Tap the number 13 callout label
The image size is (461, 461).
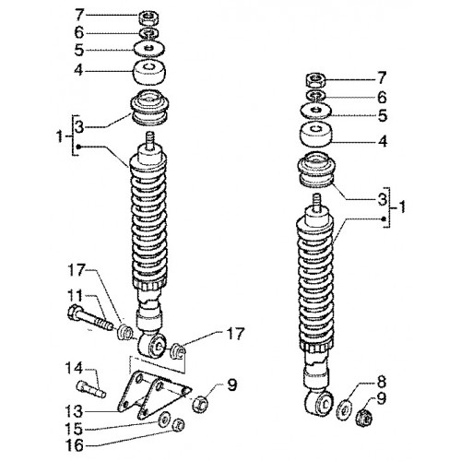(74, 411)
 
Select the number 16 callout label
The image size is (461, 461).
(74, 445)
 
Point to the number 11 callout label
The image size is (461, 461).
(74, 296)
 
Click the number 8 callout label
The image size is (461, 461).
(381, 383)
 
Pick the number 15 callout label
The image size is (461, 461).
(74, 429)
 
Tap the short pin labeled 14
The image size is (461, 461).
(90, 389)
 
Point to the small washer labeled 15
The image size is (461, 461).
(164, 419)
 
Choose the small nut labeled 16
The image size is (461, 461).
(179, 425)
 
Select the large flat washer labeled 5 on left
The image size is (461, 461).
(149, 49)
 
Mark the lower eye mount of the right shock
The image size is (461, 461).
(320, 403)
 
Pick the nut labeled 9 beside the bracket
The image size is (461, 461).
(200, 404)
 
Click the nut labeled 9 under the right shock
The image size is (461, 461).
(364, 417)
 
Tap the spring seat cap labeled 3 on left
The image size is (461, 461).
(149, 107)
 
